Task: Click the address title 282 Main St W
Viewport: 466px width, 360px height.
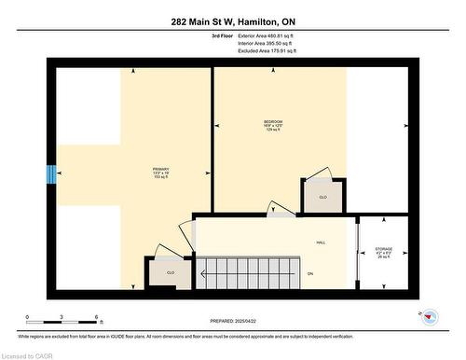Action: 232,21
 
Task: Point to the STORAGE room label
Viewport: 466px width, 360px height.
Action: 384,251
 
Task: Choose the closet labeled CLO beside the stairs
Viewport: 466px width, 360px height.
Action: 171,271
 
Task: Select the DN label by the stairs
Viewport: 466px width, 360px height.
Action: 309,272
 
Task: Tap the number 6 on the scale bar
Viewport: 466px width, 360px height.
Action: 99,317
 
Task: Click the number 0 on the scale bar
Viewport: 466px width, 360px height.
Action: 27,317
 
